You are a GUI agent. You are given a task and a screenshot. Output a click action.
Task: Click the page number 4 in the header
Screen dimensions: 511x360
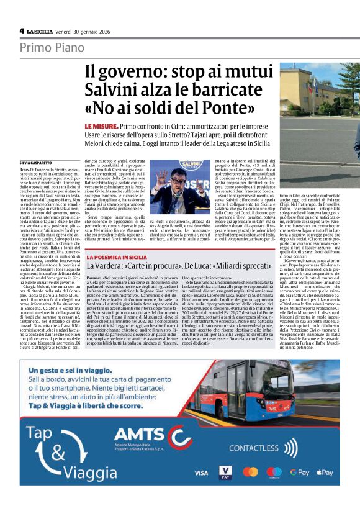[22, 30]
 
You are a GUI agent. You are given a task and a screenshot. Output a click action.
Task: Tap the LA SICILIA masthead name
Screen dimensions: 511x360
[42, 30]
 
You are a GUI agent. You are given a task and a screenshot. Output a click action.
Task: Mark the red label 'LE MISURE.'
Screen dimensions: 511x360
[102, 125]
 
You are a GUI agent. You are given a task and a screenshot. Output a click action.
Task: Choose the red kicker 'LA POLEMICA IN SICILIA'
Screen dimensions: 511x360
[117, 256]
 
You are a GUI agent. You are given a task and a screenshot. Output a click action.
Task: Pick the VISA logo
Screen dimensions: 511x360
[200, 473]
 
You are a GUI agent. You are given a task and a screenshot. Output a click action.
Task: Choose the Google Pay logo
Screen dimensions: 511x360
[299, 473]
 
